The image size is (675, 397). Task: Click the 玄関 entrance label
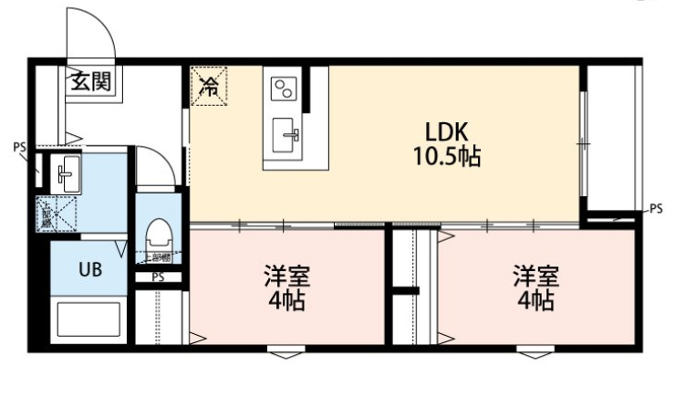click(x=89, y=82)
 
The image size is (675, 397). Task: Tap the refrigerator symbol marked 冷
click(x=209, y=87)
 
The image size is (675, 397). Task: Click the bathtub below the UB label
click(x=88, y=320)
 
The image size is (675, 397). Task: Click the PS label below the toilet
click(x=157, y=277)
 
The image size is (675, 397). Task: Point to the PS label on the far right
click(x=656, y=209)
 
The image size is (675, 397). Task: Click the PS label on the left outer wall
click(x=18, y=146)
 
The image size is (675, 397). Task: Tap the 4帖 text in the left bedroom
click(x=285, y=301)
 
